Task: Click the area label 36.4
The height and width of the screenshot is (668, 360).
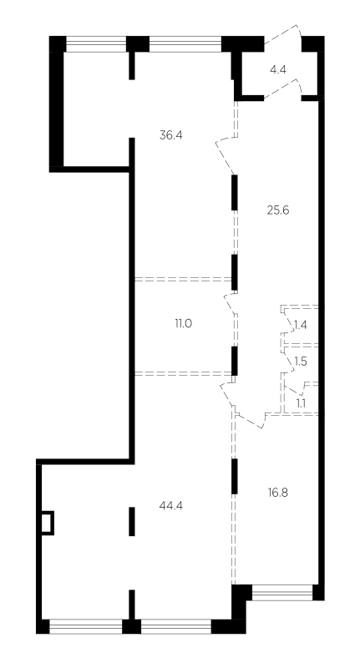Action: (x=171, y=135)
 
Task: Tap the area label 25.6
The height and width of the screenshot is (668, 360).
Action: (x=278, y=210)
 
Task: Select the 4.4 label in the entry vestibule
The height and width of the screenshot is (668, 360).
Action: (x=278, y=69)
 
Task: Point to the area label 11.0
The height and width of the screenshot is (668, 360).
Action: (x=183, y=324)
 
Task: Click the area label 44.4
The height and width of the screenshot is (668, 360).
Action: (x=171, y=506)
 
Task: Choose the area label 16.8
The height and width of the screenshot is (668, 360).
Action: (x=278, y=493)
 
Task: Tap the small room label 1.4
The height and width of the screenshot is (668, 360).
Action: (x=301, y=326)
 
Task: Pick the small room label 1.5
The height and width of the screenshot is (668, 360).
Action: (x=301, y=362)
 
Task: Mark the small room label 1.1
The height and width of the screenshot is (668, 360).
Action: (x=301, y=402)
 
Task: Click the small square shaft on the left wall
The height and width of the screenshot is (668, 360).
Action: (x=48, y=523)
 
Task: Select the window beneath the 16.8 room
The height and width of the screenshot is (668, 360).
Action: (x=282, y=592)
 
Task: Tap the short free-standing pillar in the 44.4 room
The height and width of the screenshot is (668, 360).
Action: (x=132, y=521)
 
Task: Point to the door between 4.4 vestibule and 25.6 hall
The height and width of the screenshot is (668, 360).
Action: (x=283, y=89)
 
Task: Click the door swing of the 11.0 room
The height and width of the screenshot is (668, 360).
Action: (x=230, y=303)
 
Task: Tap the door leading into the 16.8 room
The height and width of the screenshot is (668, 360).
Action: (x=250, y=419)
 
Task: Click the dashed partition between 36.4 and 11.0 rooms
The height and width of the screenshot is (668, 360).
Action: (x=184, y=279)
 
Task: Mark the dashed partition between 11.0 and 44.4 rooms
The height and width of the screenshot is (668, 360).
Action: (x=184, y=373)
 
